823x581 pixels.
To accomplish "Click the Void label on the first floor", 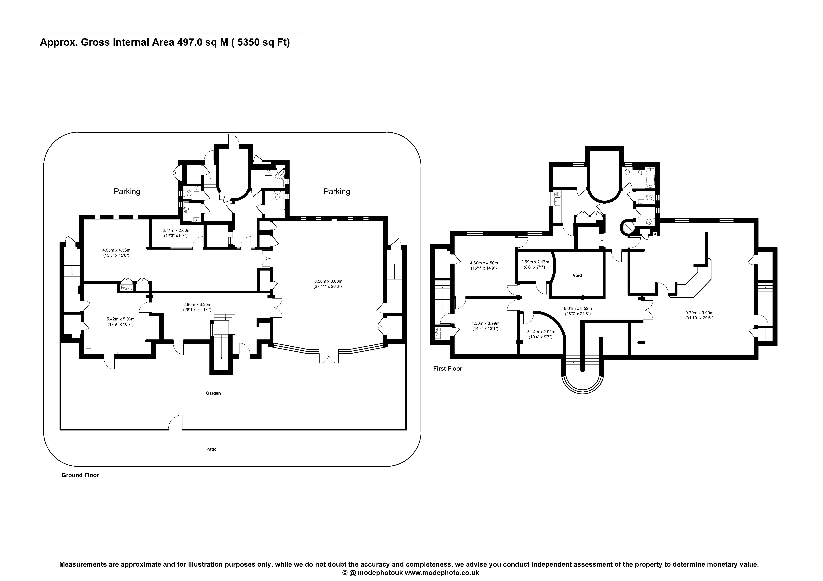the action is point(577,275).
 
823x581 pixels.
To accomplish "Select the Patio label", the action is point(211,449).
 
